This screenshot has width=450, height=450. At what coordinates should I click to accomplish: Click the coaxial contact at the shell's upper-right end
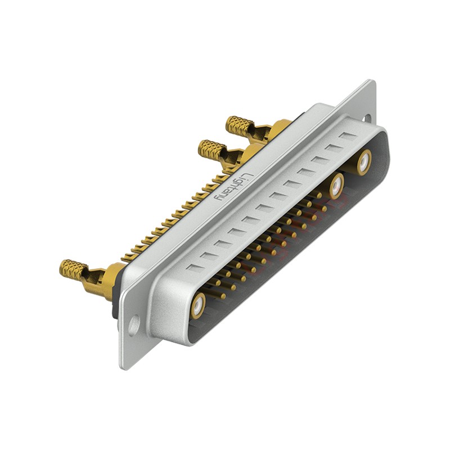tap(364, 163)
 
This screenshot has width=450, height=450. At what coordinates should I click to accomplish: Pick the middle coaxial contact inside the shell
tap(337, 187)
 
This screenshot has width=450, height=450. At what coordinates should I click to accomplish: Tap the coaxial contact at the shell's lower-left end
tap(199, 305)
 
